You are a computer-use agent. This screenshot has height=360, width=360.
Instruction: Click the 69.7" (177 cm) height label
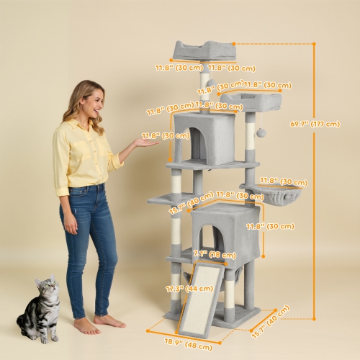pyautogui.click(x=315, y=124)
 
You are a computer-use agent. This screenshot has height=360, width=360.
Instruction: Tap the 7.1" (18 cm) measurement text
pyautogui.click(x=215, y=254)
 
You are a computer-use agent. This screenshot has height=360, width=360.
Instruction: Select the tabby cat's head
pyautogui.click(x=46, y=288)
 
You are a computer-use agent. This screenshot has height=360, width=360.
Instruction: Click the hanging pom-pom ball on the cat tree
pyautogui.click(x=261, y=132)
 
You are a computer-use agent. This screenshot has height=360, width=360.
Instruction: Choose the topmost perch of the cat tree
pyautogui.click(x=204, y=50)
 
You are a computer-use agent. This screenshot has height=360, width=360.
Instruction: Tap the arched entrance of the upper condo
pyautogui.click(x=197, y=144)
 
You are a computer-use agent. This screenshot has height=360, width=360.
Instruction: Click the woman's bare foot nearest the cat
pyautogui.click(x=86, y=326)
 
